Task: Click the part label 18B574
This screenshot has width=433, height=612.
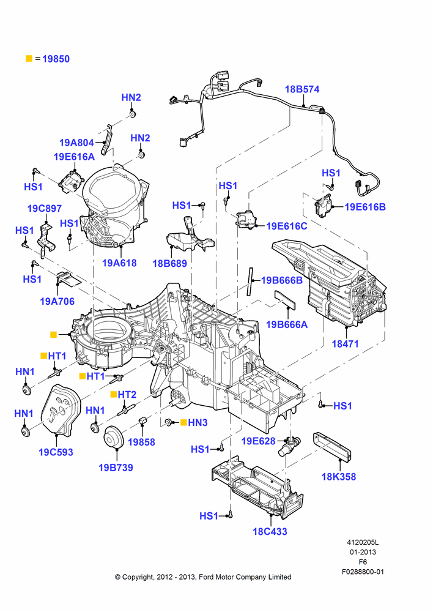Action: (x=302, y=89)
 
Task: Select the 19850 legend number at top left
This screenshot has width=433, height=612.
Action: (x=56, y=59)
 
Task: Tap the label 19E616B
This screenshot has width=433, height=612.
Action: (x=365, y=207)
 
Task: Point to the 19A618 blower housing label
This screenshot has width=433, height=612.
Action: (x=119, y=263)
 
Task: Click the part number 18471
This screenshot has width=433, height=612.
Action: (x=345, y=344)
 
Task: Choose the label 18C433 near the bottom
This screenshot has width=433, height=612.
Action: (x=270, y=532)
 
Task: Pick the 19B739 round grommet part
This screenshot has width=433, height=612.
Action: (x=114, y=438)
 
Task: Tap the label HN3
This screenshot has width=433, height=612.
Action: (x=198, y=423)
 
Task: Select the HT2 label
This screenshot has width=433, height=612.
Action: (x=127, y=395)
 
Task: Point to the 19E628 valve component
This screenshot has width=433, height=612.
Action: (x=289, y=445)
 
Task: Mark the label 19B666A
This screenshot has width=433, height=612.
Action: (x=287, y=324)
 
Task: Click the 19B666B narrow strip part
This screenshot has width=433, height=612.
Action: (x=250, y=282)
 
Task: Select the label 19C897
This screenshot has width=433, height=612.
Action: (x=45, y=209)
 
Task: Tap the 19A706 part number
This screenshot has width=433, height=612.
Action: (x=57, y=301)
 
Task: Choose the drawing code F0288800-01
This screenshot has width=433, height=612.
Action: (x=363, y=572)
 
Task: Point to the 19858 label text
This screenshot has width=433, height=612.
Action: (x=142, y=442)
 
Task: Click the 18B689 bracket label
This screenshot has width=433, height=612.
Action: (x=169, y=263)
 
